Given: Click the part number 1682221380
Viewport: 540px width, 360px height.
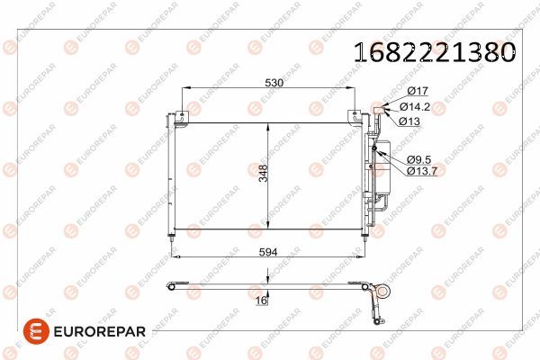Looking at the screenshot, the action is pos(435,52).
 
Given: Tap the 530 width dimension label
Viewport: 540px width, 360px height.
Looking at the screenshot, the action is pos(274,83).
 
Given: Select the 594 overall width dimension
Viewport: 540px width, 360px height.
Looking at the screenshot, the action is pos(268,252).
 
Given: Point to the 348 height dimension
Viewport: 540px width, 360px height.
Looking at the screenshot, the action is pos(263,174).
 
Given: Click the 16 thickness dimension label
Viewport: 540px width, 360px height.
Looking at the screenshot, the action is pos(261,301).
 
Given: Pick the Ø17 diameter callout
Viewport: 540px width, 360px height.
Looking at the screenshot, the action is pos(418,91).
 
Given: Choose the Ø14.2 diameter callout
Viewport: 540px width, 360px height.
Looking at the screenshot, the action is pos(415,107).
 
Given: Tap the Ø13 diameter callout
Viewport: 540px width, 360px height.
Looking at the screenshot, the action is pos(409,121).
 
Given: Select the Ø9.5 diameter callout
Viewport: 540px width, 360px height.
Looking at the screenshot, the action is pos(418,159).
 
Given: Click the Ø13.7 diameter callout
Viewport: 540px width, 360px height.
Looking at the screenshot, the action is pos(422,171).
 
